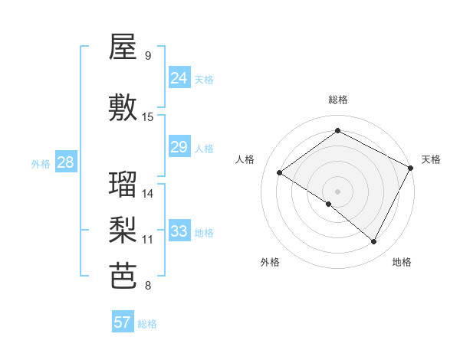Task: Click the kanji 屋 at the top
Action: click(x=123, y=47)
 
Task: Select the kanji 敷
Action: click(x=123, y=108)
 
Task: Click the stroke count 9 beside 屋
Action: click(x=147, y=56)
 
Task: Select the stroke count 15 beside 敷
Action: click(x=148, y=117)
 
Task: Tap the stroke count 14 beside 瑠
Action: click(x=148, y=194)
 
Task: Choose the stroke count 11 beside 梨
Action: click(x=148, y=240)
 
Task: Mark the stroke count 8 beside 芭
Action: click(x=147, y=286)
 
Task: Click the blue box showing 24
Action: click(x=179, y=78)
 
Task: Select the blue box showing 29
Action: click(x=179, y=147)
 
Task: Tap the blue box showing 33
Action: click(x=179, y=231)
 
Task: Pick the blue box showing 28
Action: click(x=65, y=162)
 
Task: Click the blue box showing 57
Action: click(x=123, y=322)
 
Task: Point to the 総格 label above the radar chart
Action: click(x=338, y=100)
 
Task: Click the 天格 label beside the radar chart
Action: click(x=431, y=159)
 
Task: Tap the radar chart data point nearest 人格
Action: click(x=280, y=172)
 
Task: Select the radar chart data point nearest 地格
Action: click(x=374, y=242)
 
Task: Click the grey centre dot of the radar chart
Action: click(x=337, y=190)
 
